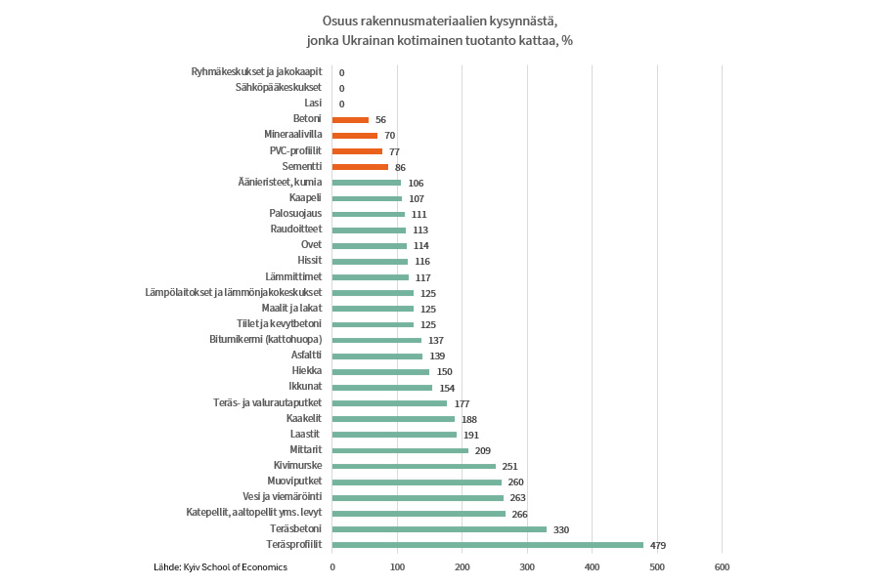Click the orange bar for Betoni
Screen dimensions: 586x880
coord(350,119)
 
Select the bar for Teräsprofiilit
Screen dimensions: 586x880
coord(488,545)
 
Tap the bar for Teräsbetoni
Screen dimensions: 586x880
coord(439,529)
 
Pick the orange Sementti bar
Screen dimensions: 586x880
coord(360,167)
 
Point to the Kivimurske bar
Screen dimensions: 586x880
coord(414,466)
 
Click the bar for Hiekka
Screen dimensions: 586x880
coord(380,371)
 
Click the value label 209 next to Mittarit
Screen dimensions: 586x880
coord(483,450)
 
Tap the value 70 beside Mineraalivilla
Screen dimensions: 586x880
coord(389,136)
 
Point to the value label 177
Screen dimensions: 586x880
coord(462,403)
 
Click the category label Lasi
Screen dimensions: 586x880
coord(313,104)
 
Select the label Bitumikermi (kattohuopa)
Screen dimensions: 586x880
coord(266,340)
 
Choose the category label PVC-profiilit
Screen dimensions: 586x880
coord(295,151)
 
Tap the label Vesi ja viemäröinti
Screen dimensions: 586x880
coord(283,497)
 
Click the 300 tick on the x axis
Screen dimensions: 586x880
coord(527,567)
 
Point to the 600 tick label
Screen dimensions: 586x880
coord(722,567)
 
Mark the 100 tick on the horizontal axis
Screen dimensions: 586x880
coord(397,567)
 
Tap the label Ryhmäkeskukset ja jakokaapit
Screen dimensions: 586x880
coord(258,72)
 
